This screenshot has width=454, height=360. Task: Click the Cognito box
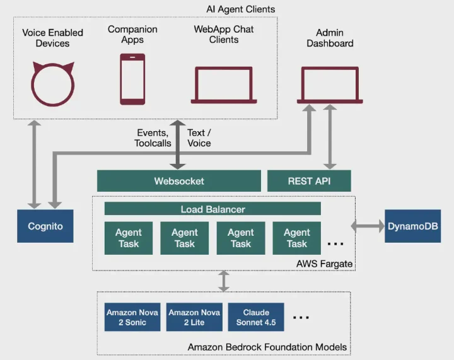click(x=45, y=226)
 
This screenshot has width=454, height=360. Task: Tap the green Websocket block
click(x=179, y=181)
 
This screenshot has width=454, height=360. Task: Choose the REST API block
click(x=309, y=181)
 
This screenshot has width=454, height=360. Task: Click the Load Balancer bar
click(x=212, y=209)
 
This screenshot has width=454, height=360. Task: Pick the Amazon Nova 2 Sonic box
click(x=132, y=317)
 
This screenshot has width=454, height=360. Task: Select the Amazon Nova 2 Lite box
click(x=194, y=317)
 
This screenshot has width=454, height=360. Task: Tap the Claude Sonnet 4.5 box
click(x=255, y=317)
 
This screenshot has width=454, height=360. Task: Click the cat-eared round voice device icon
click(x=54, y=84)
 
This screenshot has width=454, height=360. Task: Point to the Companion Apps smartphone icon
click(x=132, y=79)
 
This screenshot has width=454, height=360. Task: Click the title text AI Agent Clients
click(x=240, y=9)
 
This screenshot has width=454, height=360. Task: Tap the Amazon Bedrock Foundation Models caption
click(x=267, y=347)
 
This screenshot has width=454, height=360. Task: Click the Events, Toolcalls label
click(x=152, y=138)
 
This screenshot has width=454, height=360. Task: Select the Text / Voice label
click(x=199, y=138)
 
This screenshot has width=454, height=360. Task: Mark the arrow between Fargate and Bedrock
click(x=223, y=281)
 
